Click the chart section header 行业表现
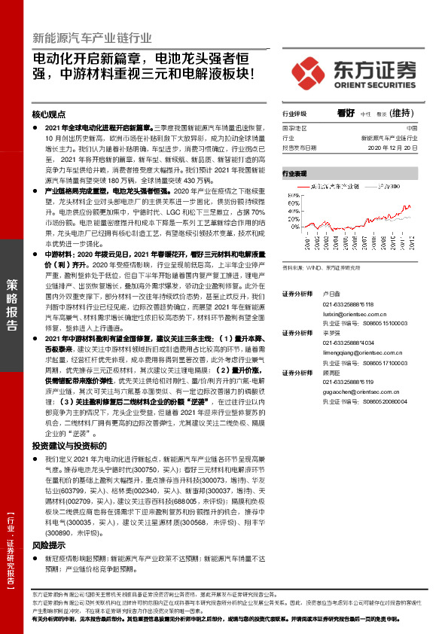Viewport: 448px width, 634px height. (x=294, y=173)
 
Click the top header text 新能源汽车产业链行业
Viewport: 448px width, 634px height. (x=93, y=37)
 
